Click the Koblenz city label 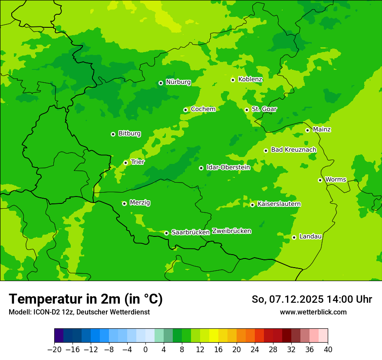coord(250,79)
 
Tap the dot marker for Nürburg coord(161,83)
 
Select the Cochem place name coord(203,109)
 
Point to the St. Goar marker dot coord(247,110)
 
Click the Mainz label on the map coord(322,130)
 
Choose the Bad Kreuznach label coord(293,150)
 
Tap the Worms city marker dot coord(320,180)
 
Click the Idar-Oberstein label coord(228,167)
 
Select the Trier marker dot coord(125,163)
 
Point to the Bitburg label coord(129,134)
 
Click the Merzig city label coord(140,203)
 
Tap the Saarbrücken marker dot coord(166,233)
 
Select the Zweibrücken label coord(231,231)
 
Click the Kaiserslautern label coord(279,204)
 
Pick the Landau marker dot coord(294,237)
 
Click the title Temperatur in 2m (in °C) coord(86,299)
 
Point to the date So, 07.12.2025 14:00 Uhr coord(312,299)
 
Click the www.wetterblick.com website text coord(313,312)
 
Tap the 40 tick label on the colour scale coord(328,350)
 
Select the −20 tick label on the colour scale coord(54,350)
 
